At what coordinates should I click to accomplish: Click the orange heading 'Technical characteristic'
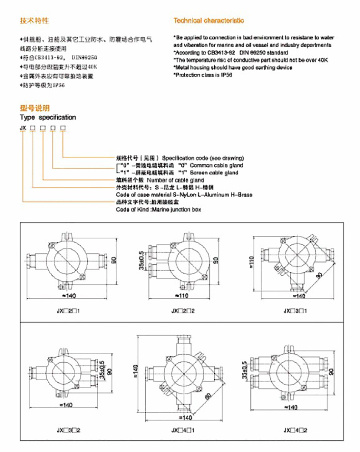[209, 20]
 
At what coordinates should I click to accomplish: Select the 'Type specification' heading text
[48, 117]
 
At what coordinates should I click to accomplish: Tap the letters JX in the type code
[23, 128]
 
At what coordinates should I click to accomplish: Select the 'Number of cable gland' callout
[175, 180]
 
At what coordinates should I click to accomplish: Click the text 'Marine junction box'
[176, 210]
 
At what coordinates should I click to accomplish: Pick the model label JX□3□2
[68, 431]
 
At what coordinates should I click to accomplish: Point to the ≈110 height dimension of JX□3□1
[255, 263]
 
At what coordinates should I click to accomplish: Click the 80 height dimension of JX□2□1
[114, 260]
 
